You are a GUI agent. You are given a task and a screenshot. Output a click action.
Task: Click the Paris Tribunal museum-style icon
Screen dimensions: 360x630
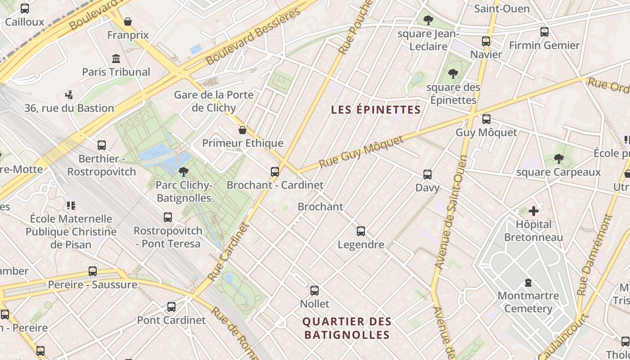[x=116, y=59]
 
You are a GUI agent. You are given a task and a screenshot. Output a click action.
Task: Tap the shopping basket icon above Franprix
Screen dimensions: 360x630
[x=128, y=22]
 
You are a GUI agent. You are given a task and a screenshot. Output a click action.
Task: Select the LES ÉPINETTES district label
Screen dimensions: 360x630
[x=376, y=110]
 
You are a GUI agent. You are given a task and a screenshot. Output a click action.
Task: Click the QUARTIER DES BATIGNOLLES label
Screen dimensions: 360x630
[x=346, y=328]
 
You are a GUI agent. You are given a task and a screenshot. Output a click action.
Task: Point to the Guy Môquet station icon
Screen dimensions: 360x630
[x=486, y=119]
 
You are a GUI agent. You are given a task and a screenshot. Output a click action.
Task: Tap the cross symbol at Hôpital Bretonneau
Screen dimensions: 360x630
[x=534, y=211]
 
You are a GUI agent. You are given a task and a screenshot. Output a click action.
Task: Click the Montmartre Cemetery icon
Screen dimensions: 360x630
[x=528, y=283]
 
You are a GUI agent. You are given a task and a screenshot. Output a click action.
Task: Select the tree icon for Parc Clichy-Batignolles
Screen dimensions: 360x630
[x=183, y=171]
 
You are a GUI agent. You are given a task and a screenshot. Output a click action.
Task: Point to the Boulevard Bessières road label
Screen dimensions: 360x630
[x=253, y=36]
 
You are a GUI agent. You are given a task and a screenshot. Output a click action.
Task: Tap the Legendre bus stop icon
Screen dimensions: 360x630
[x=360, y=231]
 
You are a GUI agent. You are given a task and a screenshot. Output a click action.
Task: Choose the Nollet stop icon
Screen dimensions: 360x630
[x=315, y=290]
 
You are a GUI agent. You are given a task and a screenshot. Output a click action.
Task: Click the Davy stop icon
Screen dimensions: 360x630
[x=427, y=174]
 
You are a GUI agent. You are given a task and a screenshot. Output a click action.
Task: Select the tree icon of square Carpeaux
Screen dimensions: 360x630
[x=558, y=158]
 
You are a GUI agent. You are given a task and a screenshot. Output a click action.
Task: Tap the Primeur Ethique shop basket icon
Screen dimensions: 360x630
[x=243, y=130]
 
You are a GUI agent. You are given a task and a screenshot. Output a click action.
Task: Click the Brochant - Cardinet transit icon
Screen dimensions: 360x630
[x=274, y=171]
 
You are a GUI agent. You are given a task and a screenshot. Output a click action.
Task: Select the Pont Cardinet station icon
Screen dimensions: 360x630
[x=171, y=307]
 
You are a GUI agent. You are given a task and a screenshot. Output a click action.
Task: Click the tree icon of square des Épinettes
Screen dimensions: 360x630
[x=453, y=73]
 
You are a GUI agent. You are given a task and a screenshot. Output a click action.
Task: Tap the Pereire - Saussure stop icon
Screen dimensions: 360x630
[x=92, y=271]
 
